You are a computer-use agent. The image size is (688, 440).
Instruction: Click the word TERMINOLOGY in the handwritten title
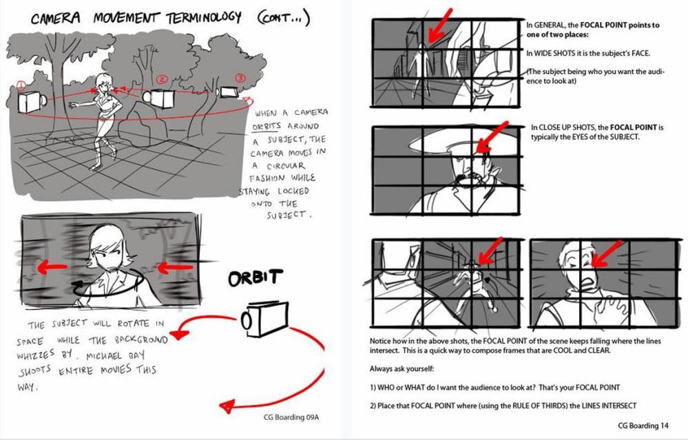(x=204, y=17)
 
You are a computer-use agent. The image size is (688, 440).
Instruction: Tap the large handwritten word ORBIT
(x=256, y=277)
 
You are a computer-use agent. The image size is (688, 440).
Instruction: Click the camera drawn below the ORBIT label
(x=264, y=319)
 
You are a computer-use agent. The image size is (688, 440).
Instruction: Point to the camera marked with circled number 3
(x=228, y=92)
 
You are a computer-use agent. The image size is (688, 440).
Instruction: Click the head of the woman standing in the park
(x=103, y=83)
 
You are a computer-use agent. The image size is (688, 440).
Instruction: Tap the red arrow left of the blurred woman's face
(x=52, y=266)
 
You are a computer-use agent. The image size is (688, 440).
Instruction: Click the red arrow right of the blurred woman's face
(x=175, y=267)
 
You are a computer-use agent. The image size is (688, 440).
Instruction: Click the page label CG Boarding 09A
(x=291, y=417)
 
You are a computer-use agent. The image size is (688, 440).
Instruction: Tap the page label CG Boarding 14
(x=643, y=425)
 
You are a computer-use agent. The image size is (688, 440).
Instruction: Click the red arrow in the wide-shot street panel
(x=439, y=25)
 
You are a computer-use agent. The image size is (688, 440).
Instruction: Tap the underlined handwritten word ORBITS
(x=267, y=126)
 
